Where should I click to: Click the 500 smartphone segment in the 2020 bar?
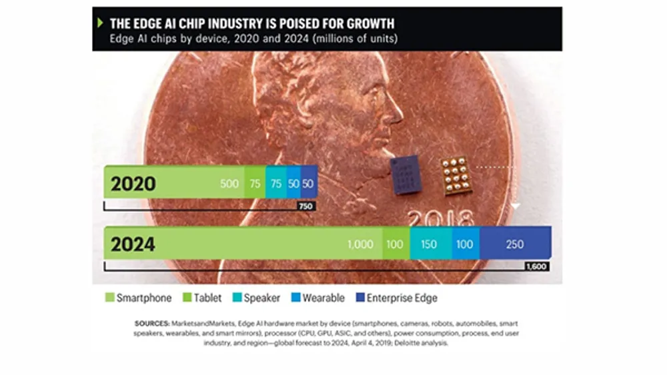point(229,183)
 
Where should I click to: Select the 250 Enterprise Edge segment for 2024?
point(515,244)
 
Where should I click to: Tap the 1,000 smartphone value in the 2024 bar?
point(360,244)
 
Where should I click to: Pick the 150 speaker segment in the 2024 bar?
point(429,244)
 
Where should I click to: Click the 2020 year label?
point(133,183)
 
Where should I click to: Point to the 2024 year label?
point(133,244)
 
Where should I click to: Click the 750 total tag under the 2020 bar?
point(305,206)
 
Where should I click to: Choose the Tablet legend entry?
point(204,298)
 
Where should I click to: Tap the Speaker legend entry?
point(256,298)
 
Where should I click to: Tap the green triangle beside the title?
point(101,23)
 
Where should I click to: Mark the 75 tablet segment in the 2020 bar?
point(253,183)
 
